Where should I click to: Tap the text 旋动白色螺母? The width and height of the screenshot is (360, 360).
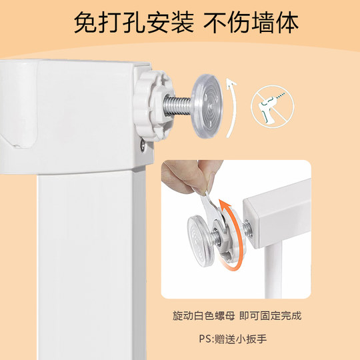198,315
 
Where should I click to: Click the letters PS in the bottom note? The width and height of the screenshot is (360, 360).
204,339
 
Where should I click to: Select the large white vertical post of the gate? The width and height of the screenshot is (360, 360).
93,267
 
